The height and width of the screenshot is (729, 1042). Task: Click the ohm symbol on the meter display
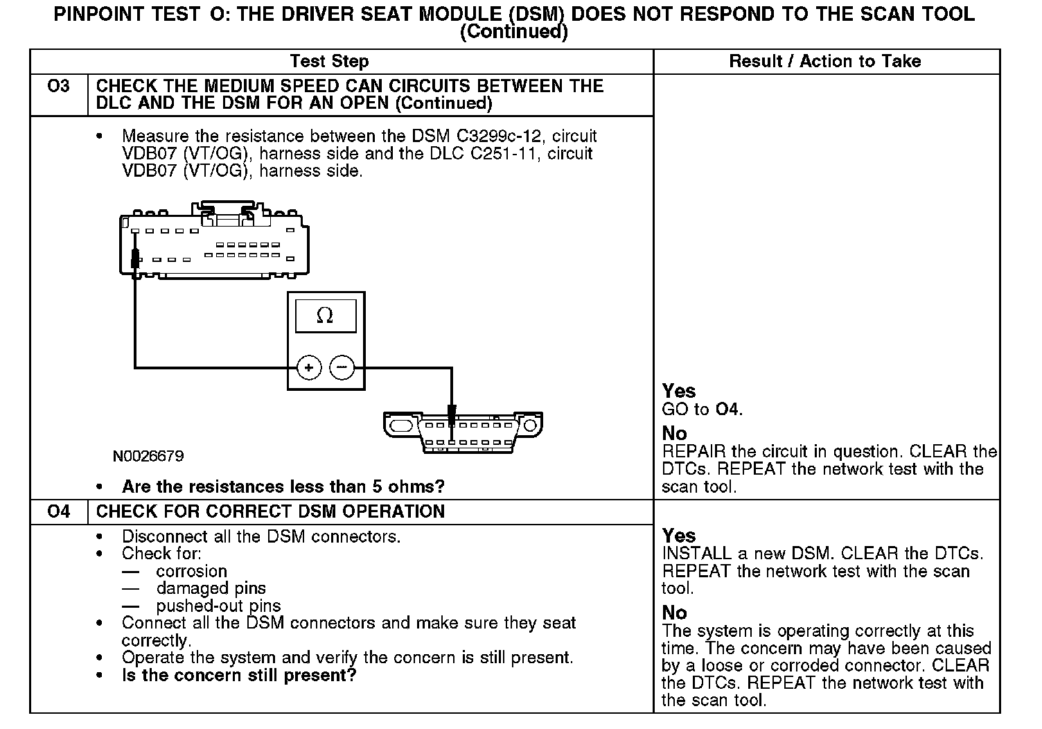click(324, 316)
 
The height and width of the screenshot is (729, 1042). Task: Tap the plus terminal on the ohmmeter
click(309, 367)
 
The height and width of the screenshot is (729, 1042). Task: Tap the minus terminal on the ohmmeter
click(342, 367)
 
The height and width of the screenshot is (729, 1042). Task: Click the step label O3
click(59, 87)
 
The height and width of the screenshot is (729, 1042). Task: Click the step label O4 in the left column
click(59, 512)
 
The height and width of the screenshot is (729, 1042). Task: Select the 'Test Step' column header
click(329, 62)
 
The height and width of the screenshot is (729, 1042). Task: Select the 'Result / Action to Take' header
click(824, 62)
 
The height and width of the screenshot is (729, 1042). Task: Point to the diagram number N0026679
click(148, 456)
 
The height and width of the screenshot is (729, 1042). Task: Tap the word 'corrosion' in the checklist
click(191, 572)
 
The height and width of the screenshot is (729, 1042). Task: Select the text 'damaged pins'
click(211, 589)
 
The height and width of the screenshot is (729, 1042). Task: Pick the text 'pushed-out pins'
click(218, 606)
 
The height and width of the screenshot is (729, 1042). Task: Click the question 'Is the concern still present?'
click(239, 676)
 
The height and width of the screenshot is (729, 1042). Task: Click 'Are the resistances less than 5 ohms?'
click(283, 486)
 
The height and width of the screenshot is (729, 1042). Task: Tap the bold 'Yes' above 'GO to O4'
click(678, 392)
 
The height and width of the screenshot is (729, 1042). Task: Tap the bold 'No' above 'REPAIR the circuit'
click(674, 434)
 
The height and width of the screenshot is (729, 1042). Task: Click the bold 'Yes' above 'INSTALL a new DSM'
click(678, 536)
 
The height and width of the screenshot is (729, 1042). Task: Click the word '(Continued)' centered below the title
click(513, 32)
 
